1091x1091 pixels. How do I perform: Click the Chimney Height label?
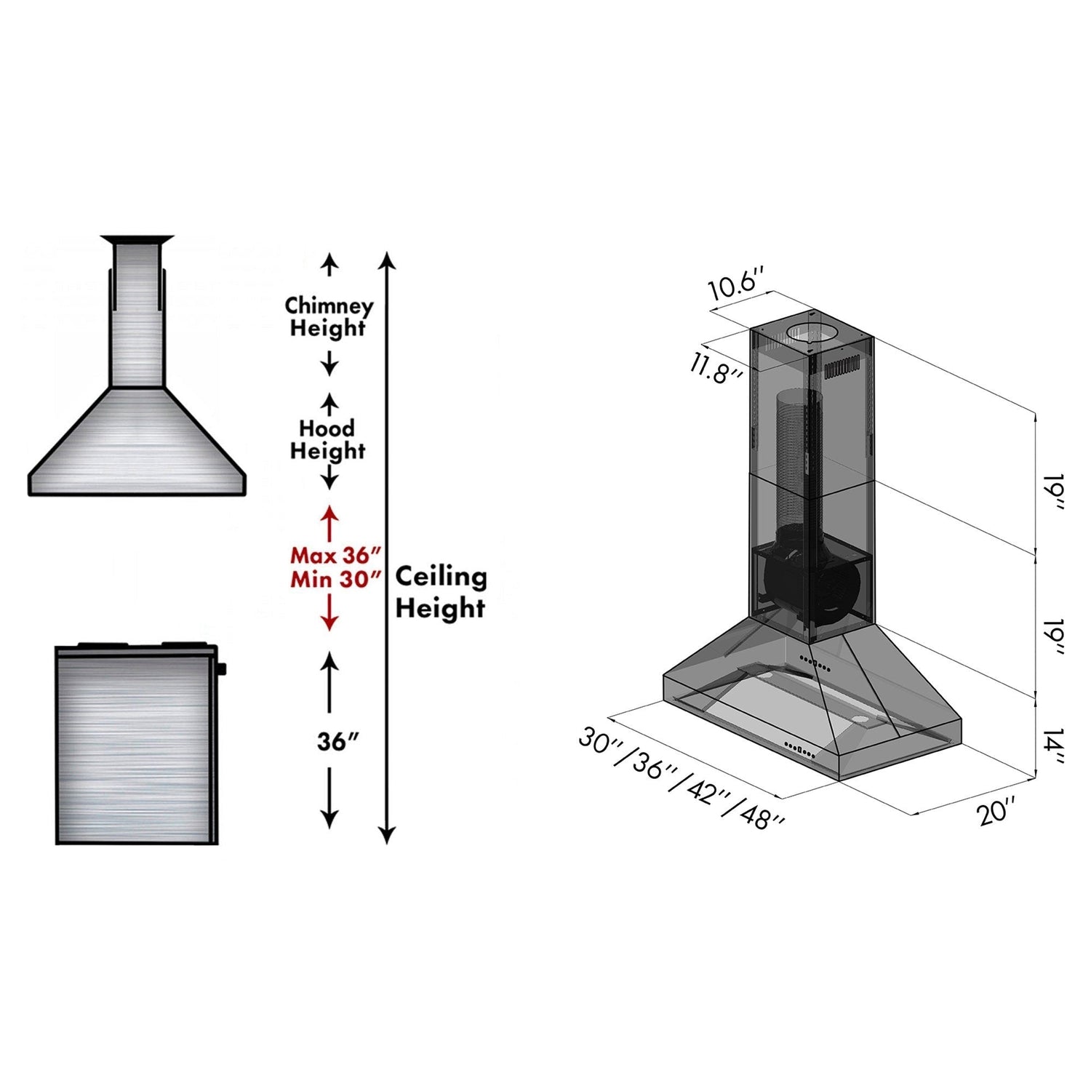328,316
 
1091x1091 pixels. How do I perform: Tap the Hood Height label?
327,439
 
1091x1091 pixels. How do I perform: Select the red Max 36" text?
335,555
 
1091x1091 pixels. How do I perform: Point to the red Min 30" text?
335,579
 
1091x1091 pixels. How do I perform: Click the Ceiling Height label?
441,591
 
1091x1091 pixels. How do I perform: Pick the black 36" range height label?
337,741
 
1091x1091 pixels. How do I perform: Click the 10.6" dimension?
736,283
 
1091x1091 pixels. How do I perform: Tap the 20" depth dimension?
996,810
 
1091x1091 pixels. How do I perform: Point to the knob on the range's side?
221,668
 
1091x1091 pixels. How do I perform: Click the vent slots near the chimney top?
842,367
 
